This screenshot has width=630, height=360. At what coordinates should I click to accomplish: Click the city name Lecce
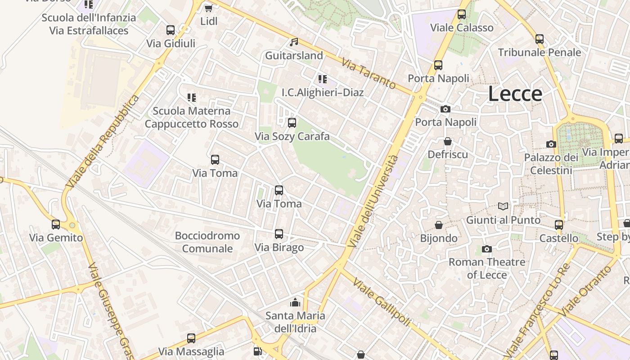pos(515,94)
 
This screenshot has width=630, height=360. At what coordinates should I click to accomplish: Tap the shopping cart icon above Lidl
pos(208,8)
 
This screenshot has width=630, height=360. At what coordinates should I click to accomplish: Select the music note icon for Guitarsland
pos(294,42)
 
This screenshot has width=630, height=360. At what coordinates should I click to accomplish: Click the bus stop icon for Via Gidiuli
pos(171,30)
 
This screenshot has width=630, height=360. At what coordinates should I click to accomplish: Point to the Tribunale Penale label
pos(540,52)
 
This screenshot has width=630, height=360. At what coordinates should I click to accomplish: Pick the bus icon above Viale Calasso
pos(462,14)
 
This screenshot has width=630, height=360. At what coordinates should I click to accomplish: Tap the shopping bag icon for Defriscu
pos(448,141)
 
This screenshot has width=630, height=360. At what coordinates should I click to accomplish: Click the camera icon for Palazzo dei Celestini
pos(551,144)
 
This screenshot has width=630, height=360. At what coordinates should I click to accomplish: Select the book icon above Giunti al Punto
pos(503,207)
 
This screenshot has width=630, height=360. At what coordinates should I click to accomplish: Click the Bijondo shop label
pos(439,238)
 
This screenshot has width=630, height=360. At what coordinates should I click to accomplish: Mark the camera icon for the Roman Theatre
pos(486,249)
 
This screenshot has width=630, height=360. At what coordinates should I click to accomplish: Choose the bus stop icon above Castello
pos(559,225)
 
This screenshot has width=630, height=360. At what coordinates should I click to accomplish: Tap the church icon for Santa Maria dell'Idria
pos(295,302)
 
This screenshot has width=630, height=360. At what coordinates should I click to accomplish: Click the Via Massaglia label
pos(191,351)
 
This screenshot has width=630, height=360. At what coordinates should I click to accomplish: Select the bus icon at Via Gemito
pos(56,224)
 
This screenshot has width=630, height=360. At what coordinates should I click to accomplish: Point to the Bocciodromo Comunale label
pos(207,242)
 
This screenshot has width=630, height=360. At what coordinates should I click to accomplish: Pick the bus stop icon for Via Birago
pos(279,234)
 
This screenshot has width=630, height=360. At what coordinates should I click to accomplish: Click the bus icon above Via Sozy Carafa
pos(292,122)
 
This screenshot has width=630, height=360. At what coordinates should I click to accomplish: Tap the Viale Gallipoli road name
pos(382,301)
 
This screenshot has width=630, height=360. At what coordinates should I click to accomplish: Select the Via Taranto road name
pos(369,73)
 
